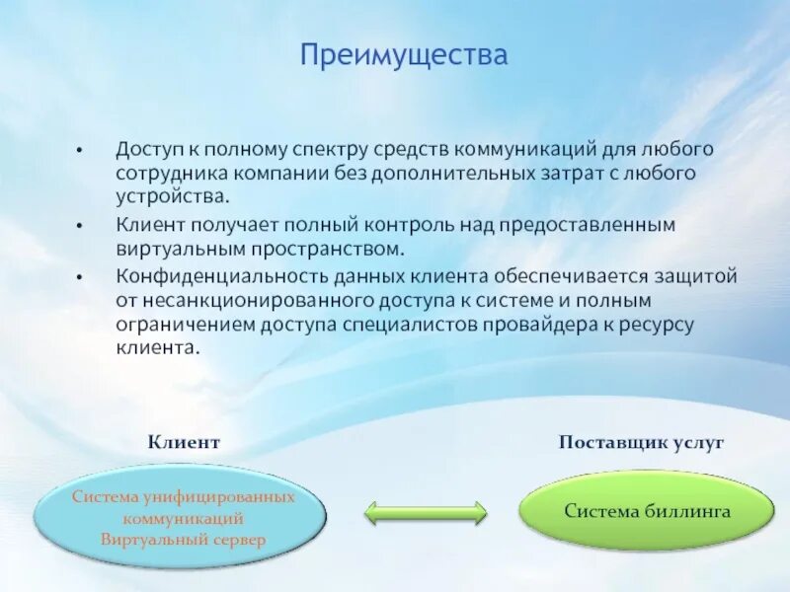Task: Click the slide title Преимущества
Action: (x=404, y=55)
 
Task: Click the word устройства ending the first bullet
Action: (x=173, y=196)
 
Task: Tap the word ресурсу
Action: (x=657, y=326)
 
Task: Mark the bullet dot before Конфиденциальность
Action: (x=79, y=277)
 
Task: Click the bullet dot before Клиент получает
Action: (x=79, y=226)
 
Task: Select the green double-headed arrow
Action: (x=426, y=514)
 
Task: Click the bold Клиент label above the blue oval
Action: (x=184, y=442)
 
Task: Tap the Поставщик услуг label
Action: (x=641, y=442)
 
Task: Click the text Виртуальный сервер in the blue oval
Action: (x=183, y=540)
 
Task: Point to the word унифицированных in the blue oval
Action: (x=217, y=498)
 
